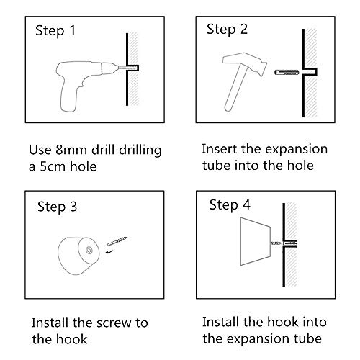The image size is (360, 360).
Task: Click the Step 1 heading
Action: (55, 31)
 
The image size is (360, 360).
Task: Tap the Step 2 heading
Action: (227, 30)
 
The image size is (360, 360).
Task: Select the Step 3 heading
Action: (57, 207)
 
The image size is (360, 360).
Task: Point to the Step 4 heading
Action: (230, 205)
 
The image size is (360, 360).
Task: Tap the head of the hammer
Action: (245, 63)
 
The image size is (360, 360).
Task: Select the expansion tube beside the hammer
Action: (287, 72)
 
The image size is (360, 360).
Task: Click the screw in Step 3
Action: (117, 241)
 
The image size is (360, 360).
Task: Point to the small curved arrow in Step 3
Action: (109, 251)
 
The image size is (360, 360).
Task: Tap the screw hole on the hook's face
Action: (89, 251)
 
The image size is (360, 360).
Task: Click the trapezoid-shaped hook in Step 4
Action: (256, 241)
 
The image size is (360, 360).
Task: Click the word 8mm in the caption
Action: (71, 150)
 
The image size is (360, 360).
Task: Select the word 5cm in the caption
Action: (51, 166)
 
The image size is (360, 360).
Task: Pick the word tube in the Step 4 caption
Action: (307, 338)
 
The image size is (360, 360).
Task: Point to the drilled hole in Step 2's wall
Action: (310, 71)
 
